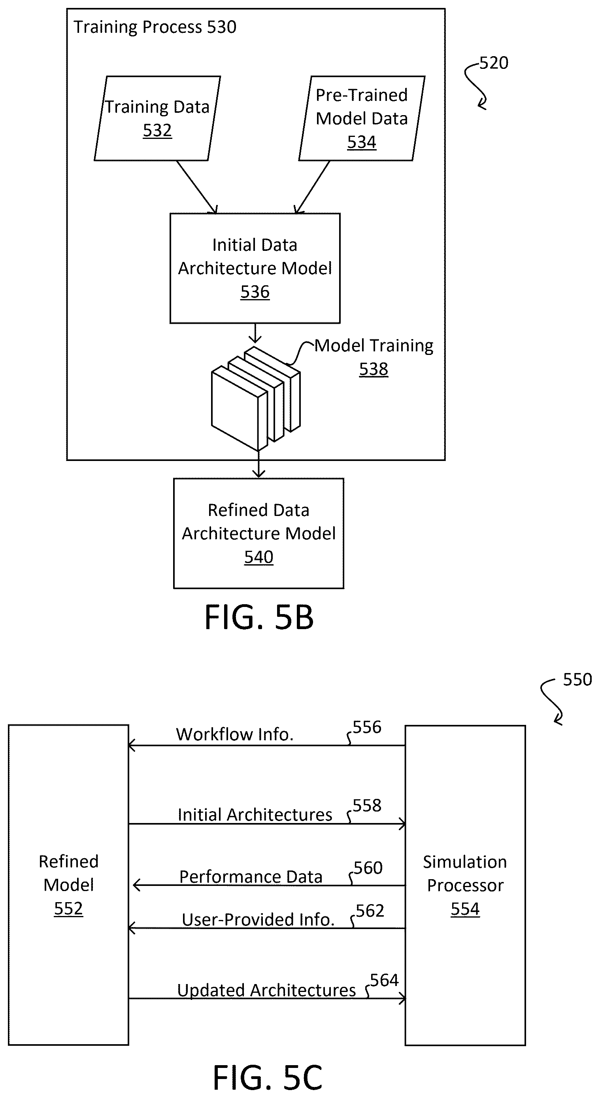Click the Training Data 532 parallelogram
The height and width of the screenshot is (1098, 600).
(157, 118)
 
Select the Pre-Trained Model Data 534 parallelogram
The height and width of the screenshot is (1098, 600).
(362, 118)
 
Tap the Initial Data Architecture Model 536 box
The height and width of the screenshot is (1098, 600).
(255, 268)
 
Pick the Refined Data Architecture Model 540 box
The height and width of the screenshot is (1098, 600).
(258, 533)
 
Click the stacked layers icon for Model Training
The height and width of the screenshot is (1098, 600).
(255, 399)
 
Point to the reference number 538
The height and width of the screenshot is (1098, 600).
(374, 369)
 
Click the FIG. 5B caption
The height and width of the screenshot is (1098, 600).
(259, 617)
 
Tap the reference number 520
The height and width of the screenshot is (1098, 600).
(494, 63)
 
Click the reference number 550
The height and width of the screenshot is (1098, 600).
(577, 679)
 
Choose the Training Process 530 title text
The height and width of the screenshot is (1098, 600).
(155, 27)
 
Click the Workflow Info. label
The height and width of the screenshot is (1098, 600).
(235, 734)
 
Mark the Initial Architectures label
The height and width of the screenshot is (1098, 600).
(255, 815)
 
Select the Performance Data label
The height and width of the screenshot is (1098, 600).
(251, 877)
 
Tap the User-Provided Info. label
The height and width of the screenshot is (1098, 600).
(258, 920)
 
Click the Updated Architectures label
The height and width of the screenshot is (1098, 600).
(266, 990)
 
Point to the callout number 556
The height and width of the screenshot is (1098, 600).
(367, 727)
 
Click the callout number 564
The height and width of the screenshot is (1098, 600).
(384, 980)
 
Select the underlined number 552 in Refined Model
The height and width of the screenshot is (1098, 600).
(68, 908)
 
